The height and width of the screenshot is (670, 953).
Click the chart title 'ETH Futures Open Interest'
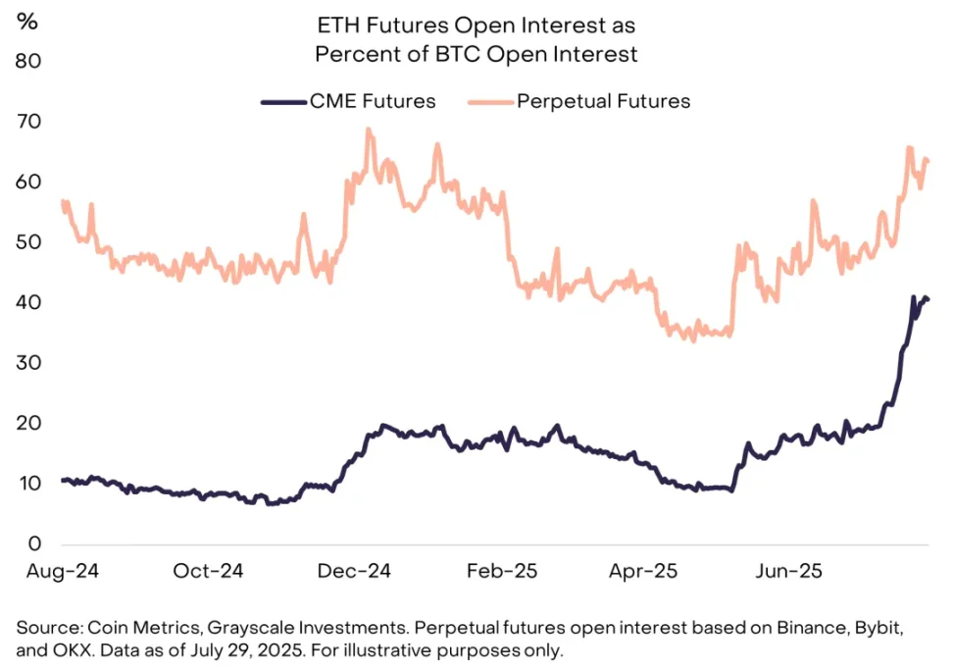(476, 24)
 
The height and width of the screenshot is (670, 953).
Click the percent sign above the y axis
(26, 22)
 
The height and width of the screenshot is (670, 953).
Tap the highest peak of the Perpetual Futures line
(368, 129)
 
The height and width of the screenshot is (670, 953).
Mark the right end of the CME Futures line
(928, 299)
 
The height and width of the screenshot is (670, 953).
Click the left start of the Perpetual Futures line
(62, 201)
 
